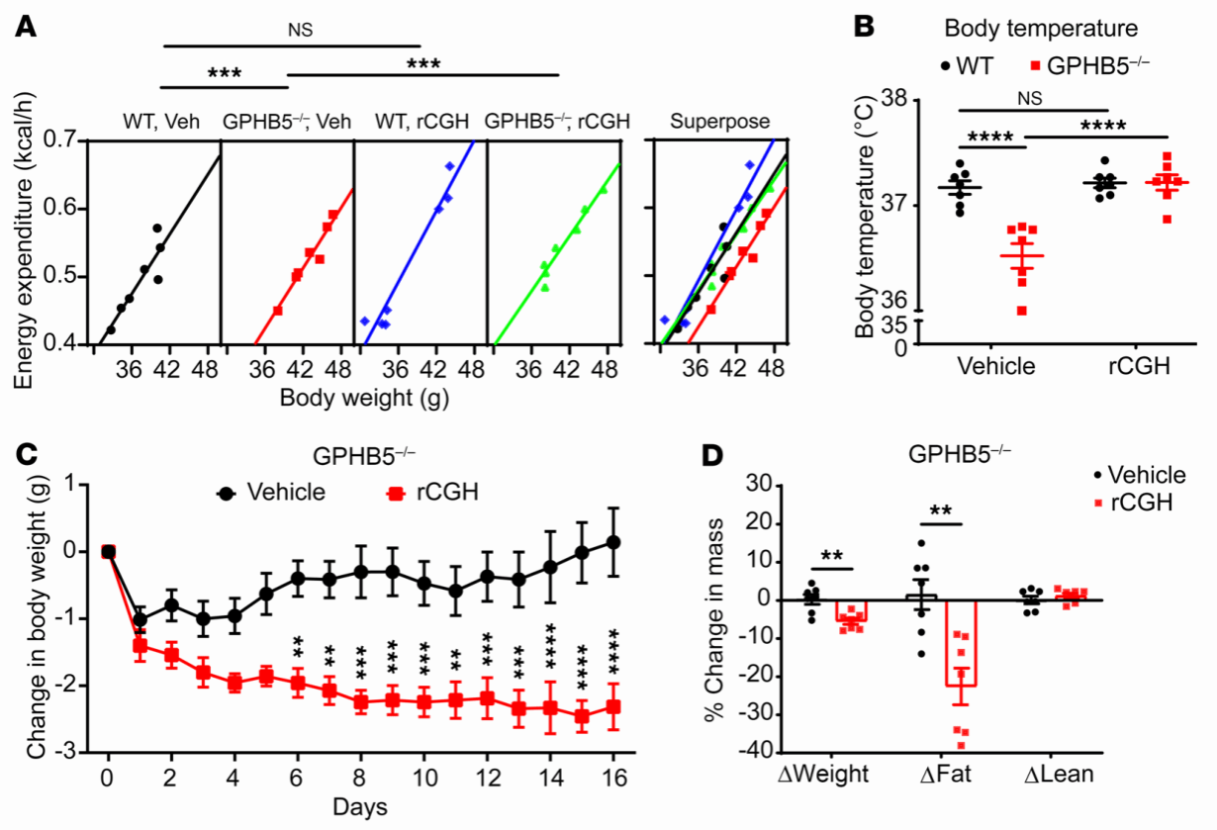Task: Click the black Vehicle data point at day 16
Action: coord(613,541)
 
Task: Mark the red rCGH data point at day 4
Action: coord(234,683)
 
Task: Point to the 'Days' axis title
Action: coord(360,806)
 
